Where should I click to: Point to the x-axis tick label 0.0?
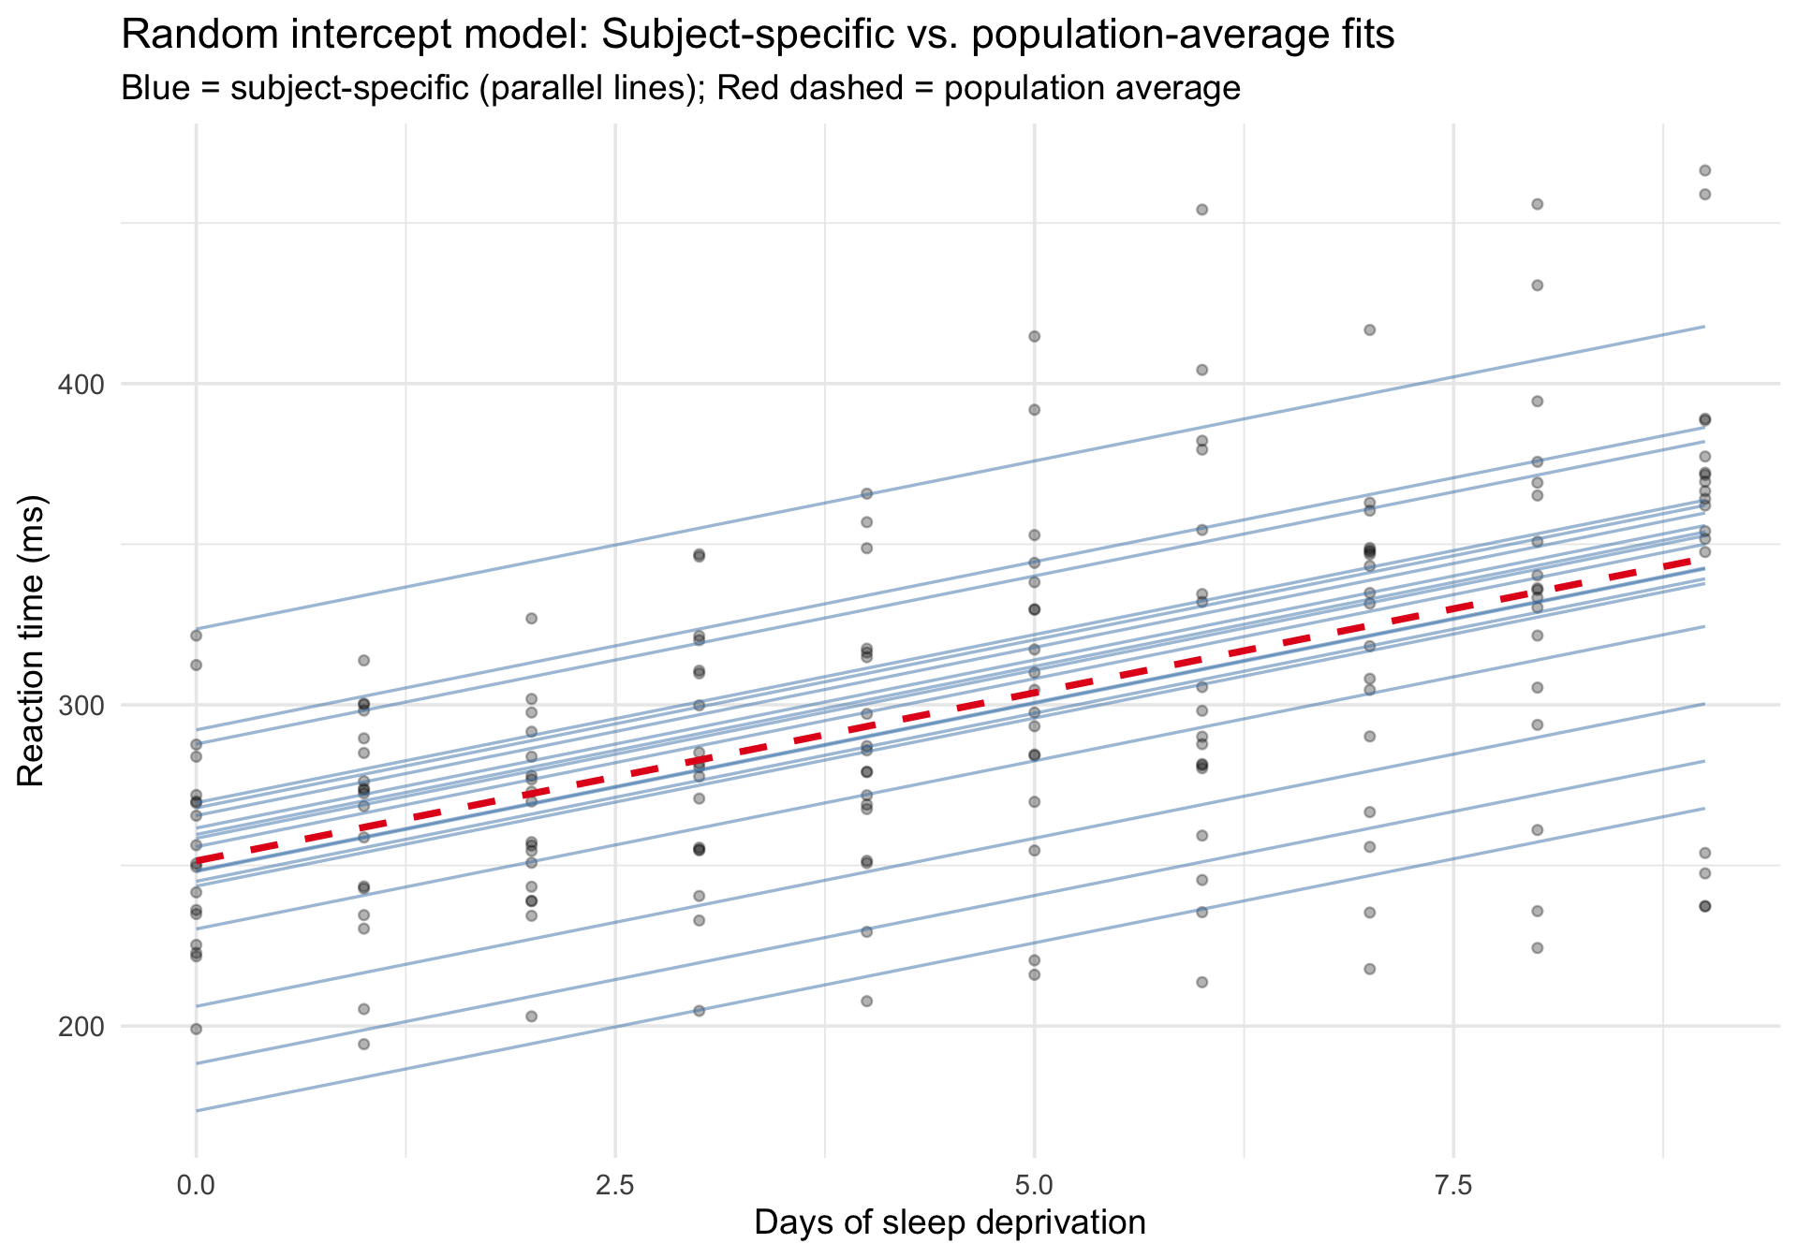pyautogui.click(x=196, y=1186)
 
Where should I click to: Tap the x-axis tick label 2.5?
pyautogui.click(x=615, y=1186)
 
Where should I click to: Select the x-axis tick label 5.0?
pyautogui.click(x=1034, y=1186)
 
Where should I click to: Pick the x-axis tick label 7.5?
pyautogui.click(x=1453, y=1186)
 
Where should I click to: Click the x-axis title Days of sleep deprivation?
pyautogui.click(x=950, y=1223)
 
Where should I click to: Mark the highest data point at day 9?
pyautogui.click(x=1705, y=170)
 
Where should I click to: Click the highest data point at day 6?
pyautogui.click(x=1202, y=210)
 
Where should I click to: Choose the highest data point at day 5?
pyautogui.click(x=1035, y=337)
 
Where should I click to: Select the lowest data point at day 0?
pyautogui.click(x=196, y=1030)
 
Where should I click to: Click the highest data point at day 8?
pyautogui.click(x=1537, y=204)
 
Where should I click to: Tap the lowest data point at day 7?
pyautogui.click(x=1369, y=969)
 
